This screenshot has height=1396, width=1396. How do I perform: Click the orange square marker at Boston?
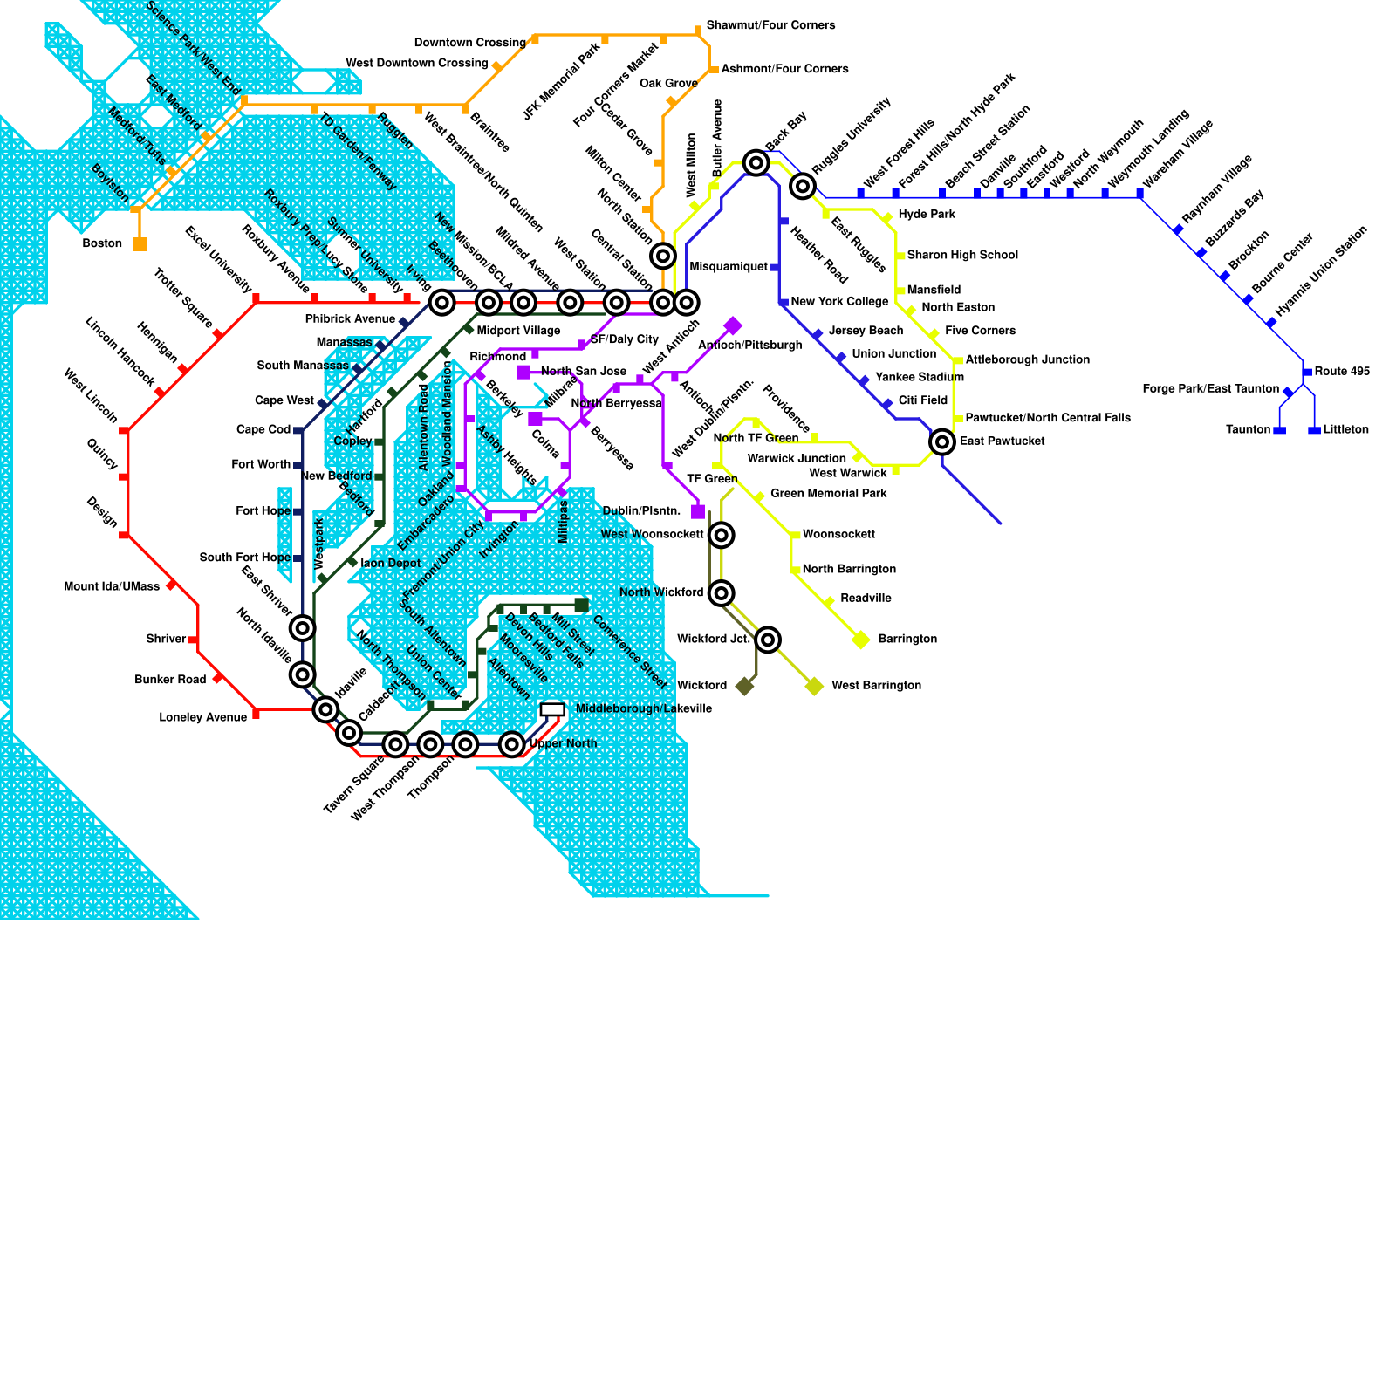(140, 244)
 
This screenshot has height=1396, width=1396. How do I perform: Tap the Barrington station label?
(907, 640)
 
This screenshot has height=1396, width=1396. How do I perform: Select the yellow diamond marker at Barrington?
(861, 640)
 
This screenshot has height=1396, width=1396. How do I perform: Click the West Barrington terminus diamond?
(814, 686)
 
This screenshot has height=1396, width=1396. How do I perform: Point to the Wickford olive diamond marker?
(744, 686)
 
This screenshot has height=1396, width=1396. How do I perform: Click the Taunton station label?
(1248, 430)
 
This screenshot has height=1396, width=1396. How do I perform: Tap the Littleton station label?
(1345, 430)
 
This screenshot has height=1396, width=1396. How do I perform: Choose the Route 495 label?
(1342, 372)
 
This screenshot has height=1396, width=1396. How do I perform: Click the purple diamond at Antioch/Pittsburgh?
(733, 326)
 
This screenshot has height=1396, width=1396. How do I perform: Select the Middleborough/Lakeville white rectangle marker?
(552, 710)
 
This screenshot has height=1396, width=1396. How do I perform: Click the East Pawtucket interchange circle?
(942, 441)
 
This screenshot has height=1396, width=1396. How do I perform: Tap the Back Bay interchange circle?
(756, 162)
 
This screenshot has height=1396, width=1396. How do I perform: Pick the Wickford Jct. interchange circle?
(768, 640)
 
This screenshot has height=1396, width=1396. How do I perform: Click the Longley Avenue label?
(202, 718)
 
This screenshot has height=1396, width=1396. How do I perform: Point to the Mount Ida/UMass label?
(112, 587)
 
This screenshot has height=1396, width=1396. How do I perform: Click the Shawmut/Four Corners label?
(770, 25)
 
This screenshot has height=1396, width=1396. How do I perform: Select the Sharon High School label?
(962, 256)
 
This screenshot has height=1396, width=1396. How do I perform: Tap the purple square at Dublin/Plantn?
(698, 511)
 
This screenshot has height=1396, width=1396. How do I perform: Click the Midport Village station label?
(518, 331)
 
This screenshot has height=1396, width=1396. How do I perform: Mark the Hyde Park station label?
(927, 215)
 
